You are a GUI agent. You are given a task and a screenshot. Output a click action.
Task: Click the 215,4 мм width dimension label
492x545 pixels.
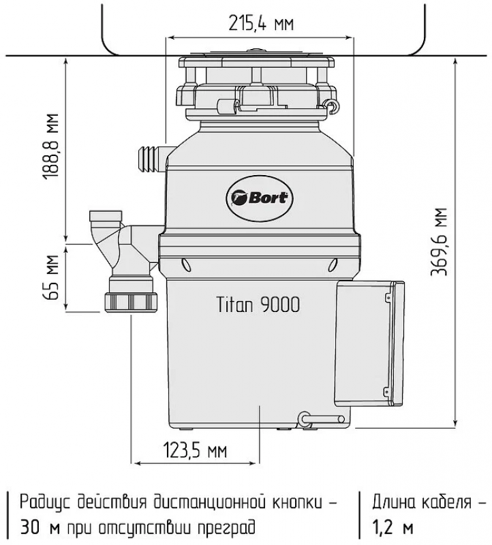(261, 23)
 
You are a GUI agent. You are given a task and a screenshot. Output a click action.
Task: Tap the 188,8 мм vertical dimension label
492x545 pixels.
(50, 146)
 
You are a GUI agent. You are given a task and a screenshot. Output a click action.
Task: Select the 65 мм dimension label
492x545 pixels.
(50, 277)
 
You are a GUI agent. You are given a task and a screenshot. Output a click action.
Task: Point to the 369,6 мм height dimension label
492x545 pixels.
(438, 242)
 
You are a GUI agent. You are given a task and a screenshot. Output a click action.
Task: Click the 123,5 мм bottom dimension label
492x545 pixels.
(195, 450)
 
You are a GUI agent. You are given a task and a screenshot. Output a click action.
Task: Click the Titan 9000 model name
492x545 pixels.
(258, 305)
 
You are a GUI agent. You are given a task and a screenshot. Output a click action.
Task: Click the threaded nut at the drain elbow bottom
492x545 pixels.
(131, 302)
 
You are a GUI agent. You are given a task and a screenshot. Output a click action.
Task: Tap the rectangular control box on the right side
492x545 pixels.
(369, 344)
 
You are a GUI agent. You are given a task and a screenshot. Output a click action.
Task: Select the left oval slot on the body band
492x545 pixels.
(186, 265)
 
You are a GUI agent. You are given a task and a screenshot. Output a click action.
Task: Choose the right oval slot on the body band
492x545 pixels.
(333, 265)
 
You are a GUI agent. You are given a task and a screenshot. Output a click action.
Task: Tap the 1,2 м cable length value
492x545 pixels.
(393, 527)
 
